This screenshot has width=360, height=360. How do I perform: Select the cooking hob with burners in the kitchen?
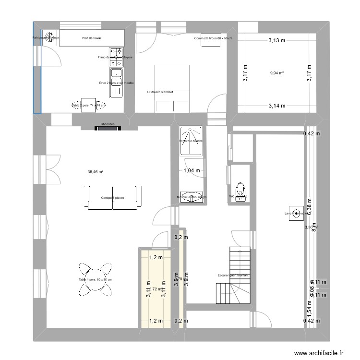click(x=116, y=57)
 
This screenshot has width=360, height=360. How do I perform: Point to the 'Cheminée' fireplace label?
click(x=107, y=124)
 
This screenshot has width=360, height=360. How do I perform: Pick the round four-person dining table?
click(x=96, y=279)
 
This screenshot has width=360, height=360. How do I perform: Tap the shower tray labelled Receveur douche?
click(x=191, y=141)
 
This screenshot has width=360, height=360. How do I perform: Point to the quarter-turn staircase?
click(x=233, y=276)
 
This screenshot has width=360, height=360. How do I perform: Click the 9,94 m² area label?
click(x=277, y=73)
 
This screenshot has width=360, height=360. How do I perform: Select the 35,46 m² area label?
click(x=96, y=171)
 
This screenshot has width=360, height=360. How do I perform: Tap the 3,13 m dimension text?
click(x=276, y=41)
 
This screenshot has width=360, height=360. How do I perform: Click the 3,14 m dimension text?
click(x=276, y=106)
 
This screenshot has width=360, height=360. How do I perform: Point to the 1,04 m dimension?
click(x=191, y=170)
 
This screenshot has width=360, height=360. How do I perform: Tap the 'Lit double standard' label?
click(x=160, y=92)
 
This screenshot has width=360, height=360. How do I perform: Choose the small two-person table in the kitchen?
click(x=88, y=105)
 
